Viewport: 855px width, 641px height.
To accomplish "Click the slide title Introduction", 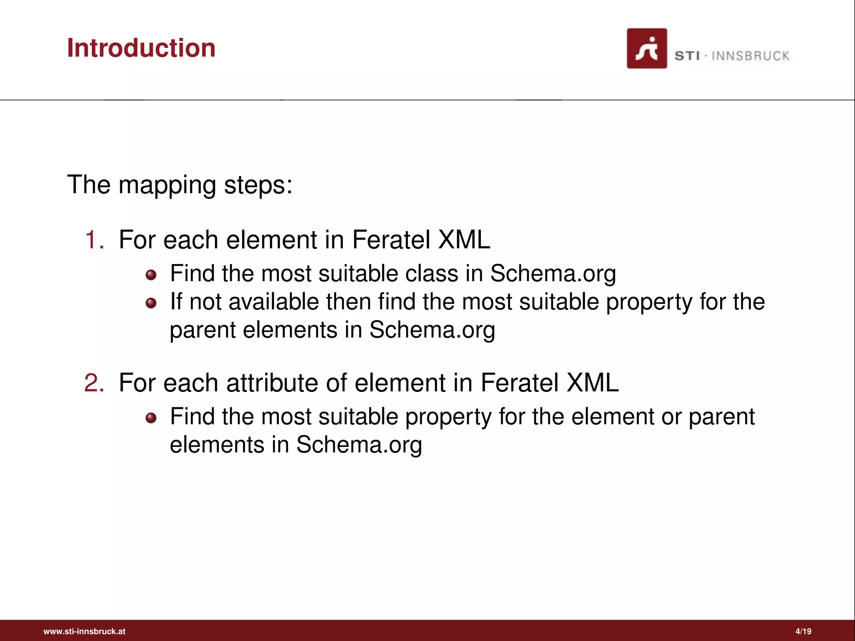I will (141, 48).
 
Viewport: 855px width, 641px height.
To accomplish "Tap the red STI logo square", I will (646, 48).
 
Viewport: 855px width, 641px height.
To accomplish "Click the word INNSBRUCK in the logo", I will (750, 56).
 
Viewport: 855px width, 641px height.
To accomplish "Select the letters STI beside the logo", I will (687, 56).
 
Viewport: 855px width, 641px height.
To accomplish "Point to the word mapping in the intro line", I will (167, 186).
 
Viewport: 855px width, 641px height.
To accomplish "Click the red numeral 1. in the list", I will (94, 240).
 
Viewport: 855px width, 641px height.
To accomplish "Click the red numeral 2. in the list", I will (94, 383).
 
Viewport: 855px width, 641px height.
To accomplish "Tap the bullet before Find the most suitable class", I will (151, 275).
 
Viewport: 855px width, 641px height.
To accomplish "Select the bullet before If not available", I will (151, 303).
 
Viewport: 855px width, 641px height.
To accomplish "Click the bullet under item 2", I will (151, 418).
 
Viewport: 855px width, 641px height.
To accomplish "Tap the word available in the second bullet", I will (274, 302).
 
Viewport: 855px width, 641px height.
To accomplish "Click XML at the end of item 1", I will (464, 240).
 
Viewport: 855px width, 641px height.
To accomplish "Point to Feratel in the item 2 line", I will (519, 383).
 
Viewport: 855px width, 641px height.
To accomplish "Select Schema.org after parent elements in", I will (432, 331).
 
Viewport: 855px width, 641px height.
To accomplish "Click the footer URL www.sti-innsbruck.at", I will (84, 631).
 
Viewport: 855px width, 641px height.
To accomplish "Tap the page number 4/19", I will (803, 631).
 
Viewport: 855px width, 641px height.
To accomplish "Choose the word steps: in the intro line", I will (258, 186).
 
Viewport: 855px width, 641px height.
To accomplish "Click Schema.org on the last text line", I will (359, 445).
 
